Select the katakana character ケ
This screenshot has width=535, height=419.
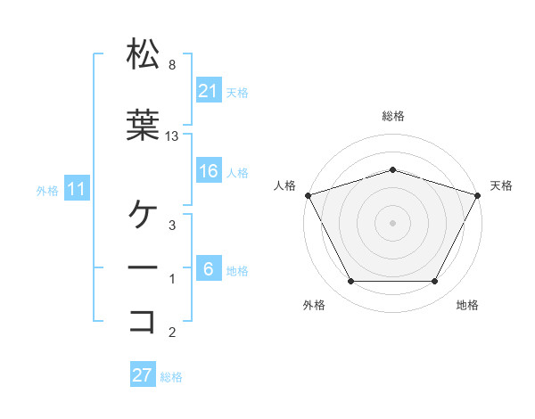coord(142,215)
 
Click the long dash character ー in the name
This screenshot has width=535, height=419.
coord(142,267)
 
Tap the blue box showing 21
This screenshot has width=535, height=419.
coord(209,90)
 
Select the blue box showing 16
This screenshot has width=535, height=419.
coord(209,172)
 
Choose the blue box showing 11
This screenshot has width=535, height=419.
coord(77,189)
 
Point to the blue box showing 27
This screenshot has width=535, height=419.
coord(143,375)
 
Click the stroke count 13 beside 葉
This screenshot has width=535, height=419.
coord(172,136)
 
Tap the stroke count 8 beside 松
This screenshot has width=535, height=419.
coord(171,65)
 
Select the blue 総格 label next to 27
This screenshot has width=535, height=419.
coord(171,377)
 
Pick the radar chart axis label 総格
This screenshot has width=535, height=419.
coord(392,116)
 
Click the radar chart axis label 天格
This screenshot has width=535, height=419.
coord(501,185)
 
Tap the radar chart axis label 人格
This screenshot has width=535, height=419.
coord(284,185)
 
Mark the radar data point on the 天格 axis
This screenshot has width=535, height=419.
coord(478,194)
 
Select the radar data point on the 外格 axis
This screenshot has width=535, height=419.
coord(350,282)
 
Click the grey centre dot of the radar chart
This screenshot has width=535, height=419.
coord(392,222)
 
